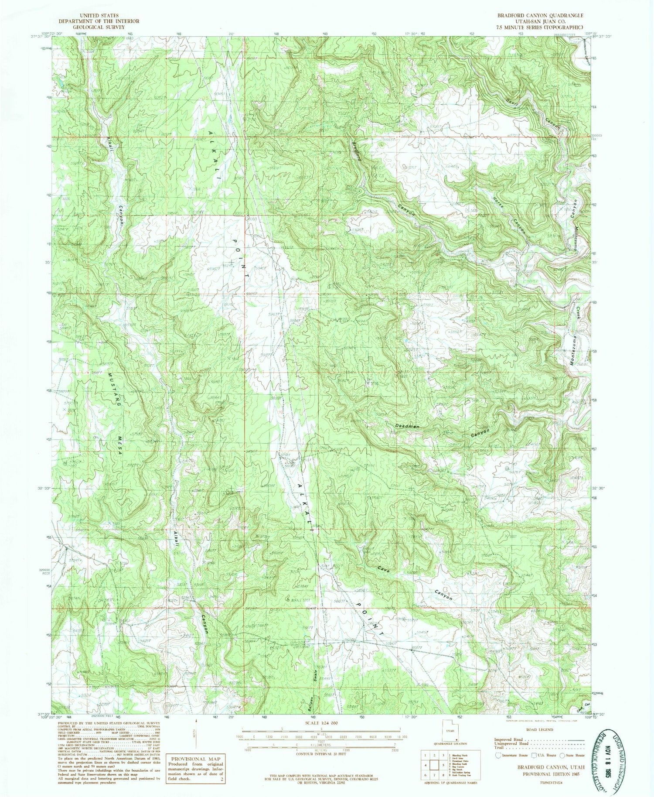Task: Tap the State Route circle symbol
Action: (563, 756)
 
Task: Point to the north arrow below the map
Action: (196, 734)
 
